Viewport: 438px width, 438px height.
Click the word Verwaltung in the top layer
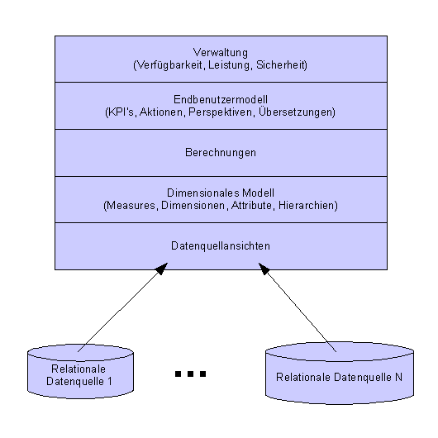coord(221,53)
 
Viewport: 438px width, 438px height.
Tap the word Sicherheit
coord(280,64)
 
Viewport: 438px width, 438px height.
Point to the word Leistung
coord(228,65)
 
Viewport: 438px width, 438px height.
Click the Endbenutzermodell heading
coord(221,99)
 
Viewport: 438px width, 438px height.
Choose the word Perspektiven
coord(221,112)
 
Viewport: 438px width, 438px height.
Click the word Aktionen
coord(161,112)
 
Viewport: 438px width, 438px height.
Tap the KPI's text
coord(121,112)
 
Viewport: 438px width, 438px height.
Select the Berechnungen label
coord(221,153)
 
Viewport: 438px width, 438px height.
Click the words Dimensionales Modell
coord(221,193)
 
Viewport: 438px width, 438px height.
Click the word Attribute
coord(251,205)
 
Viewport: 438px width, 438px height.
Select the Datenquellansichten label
coord(221,245)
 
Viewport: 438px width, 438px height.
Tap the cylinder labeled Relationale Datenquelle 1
coord(80,372)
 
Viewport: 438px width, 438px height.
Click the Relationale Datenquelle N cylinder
coord(340,373)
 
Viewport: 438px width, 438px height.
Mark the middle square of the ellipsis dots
coord(191,374)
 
